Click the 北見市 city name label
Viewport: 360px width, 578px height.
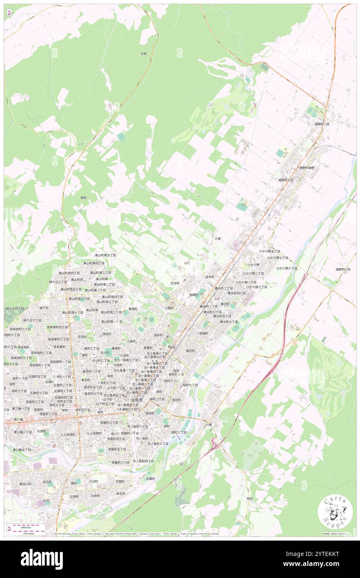(136, 400)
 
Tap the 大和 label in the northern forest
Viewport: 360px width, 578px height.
(143, 54)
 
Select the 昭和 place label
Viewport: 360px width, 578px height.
(83, 198)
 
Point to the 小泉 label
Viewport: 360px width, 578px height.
(217, 239)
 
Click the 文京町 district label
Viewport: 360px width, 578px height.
(175, 283)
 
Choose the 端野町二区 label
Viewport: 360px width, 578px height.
(322, 124)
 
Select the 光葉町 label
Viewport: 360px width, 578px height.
(150, 479)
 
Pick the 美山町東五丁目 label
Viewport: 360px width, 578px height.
(105, 254)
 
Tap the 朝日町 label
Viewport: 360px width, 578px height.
(190, 351)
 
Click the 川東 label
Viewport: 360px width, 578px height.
(209, 425)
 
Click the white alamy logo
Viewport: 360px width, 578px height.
(42, 559)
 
